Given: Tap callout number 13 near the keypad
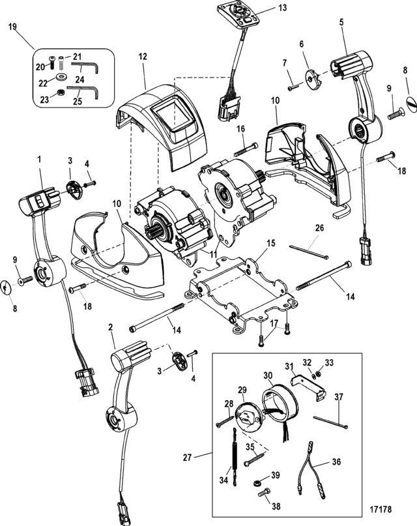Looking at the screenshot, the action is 283,7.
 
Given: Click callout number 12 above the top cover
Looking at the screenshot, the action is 143,56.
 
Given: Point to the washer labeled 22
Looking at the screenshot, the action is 61,76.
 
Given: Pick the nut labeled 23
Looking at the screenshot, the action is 61,93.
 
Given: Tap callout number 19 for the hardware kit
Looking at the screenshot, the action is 12,27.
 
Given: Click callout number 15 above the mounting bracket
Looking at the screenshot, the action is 270,243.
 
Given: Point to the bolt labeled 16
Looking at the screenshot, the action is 246,150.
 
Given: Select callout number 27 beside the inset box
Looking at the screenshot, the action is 188,457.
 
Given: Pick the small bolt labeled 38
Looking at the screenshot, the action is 264,493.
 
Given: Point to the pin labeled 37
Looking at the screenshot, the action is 330,422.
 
